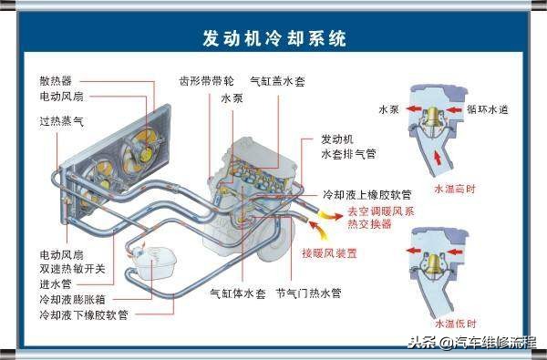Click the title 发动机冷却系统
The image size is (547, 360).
[273, 39]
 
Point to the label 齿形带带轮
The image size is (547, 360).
[203, 80]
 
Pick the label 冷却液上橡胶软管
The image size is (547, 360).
[367, 194]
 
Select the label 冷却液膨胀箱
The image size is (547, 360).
[72, 298]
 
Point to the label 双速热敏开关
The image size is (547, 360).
[72, 267]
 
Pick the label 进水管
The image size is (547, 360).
[56, 283]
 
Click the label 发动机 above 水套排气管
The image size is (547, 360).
[337, 140]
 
